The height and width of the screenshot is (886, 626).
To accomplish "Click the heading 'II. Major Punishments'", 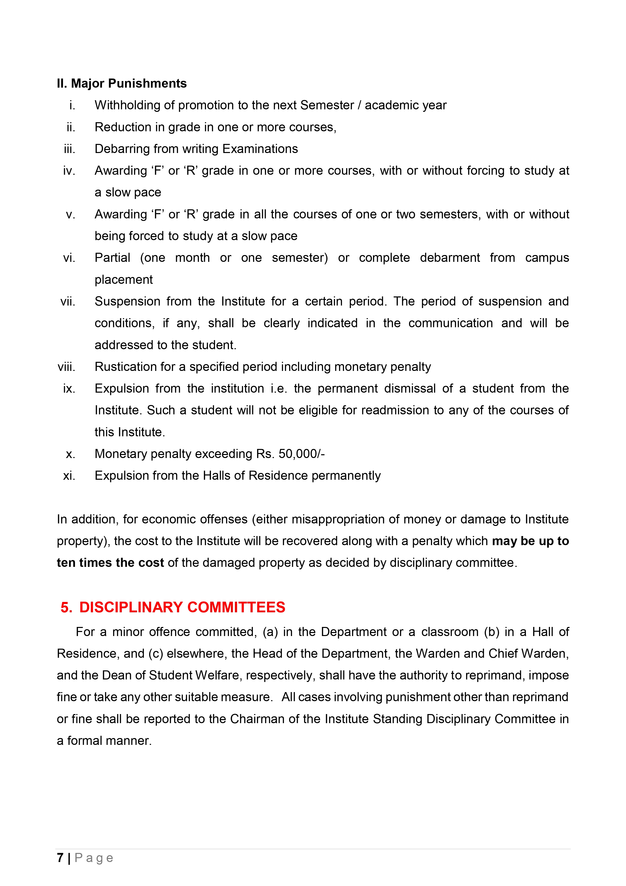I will click(122, 83).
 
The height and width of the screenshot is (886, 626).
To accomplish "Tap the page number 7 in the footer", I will click(60, 857).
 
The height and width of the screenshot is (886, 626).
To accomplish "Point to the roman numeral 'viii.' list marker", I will click(66, 367).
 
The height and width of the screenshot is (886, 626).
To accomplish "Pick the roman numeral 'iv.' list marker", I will click(69, 171).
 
